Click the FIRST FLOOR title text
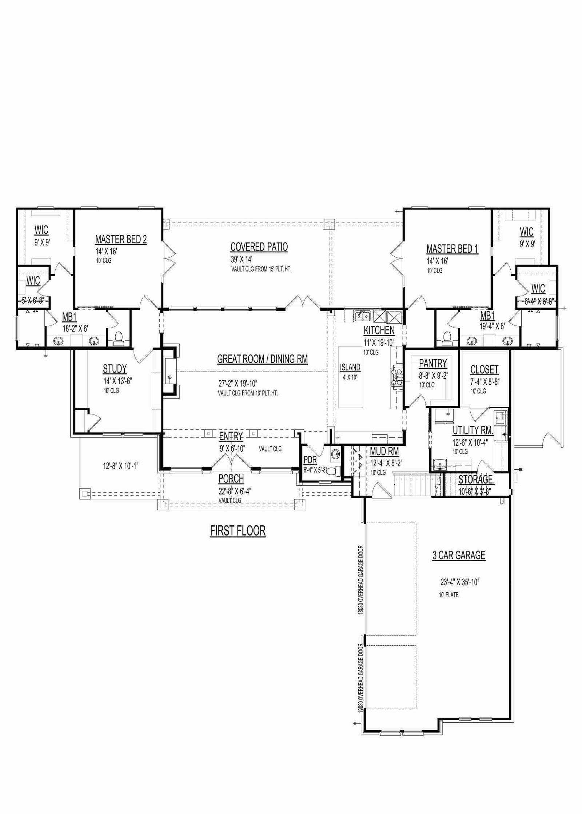tap(238, 531)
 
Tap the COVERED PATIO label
tap(259, 247)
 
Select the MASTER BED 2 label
tap(121, 240)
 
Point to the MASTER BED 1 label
tap(452, 249)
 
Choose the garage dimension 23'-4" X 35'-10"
tap(460, 582)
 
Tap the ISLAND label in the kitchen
tap(350, 368)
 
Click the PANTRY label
tap(433, 363)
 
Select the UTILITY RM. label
tap(473, 430)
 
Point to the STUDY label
tap(115, 369)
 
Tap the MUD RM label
tap(384, 452)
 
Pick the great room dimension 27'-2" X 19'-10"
tap(238, 384)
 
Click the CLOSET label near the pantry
tap(484, 369)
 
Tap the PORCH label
tap(231, 479)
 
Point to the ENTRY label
tap(231, 436)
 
